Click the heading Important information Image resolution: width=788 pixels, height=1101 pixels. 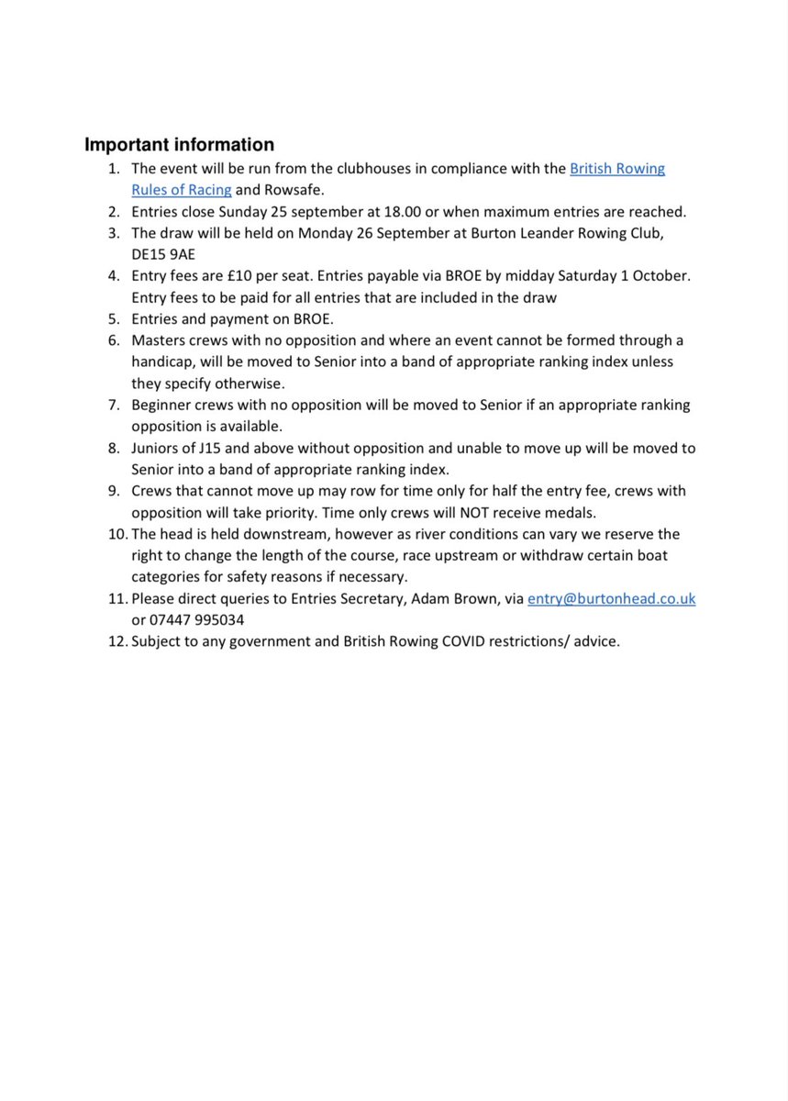(179, 145)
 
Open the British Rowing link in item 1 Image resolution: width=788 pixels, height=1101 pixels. (617, 169)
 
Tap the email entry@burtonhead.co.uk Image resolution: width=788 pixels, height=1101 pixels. (611, 598)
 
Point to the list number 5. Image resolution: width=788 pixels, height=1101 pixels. (114, 318)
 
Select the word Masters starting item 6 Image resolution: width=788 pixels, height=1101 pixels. (159, 340)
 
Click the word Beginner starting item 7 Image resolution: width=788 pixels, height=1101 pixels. (161, 405)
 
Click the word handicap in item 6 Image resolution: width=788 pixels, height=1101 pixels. (162, 361)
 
